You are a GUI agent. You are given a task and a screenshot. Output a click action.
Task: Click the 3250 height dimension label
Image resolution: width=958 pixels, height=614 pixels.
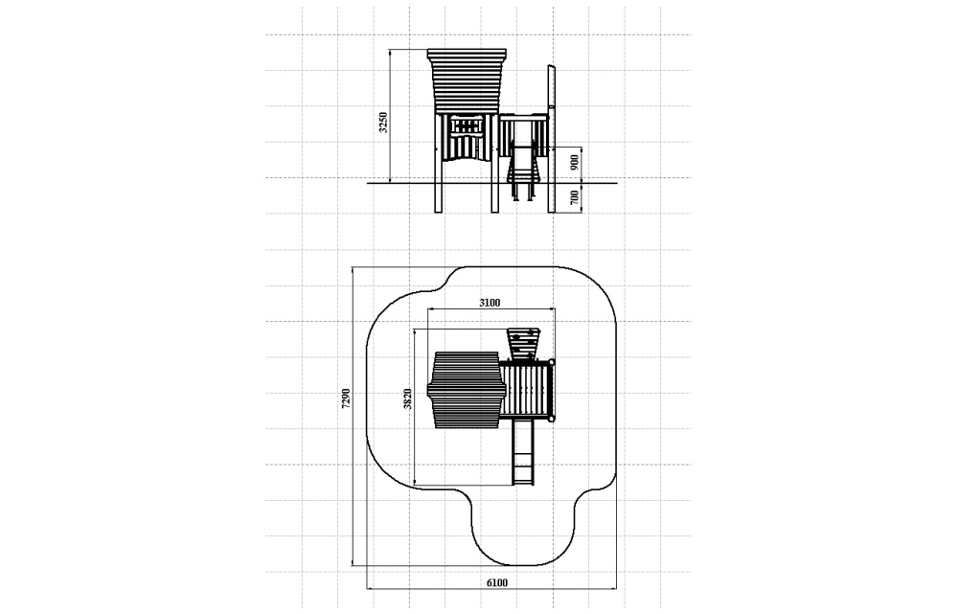pos(383,123)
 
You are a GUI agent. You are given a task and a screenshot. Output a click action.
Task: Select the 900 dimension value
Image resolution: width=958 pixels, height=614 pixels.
pos(574,163)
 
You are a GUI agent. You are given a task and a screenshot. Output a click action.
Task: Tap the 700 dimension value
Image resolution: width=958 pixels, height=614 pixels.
pos(574,197)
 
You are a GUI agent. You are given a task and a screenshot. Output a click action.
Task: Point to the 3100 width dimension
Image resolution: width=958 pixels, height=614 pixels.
pos(490,303)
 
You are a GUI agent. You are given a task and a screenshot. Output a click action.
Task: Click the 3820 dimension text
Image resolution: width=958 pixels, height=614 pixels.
pos(407,398)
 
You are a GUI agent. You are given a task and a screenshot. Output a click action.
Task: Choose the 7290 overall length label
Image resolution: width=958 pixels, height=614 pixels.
pos(346,398)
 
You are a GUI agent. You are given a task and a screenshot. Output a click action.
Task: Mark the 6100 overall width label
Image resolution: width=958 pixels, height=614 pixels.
pos(496,582)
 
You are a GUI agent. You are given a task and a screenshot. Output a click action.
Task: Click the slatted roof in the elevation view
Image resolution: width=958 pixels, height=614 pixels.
pos(468,81)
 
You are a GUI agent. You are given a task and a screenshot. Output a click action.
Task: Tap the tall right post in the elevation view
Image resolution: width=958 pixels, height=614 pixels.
pos(551,139)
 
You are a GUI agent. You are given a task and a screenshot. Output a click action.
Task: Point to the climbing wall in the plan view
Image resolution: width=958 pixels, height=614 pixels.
pos(524,344)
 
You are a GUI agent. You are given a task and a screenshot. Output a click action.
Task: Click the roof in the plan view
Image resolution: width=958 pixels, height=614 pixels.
pos(467,390)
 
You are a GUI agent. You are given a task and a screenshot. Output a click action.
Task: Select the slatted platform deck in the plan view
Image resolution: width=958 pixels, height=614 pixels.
pos(526,390)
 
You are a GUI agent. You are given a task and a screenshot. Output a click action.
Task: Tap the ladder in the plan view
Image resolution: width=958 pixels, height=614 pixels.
pos(522,453)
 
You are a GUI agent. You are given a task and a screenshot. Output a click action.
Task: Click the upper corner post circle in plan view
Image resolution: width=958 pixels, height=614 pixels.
pos(552,362)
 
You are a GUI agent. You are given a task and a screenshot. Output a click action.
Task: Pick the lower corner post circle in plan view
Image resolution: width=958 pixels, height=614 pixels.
pos(552,418)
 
